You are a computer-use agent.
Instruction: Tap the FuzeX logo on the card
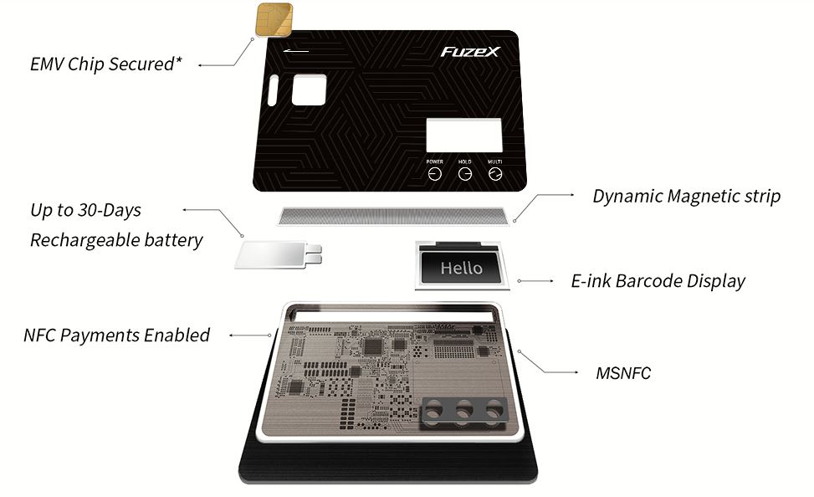pyautogui.click(x=470, y=53)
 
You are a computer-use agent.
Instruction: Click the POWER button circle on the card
pyautogui.click(x=434, y=174)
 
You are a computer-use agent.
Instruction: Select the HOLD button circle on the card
pyautogui.click(x=465, y=174)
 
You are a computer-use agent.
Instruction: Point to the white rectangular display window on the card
pyautogui.click(x=464, y=135)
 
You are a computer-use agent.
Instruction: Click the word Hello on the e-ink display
pyautogui.click(x=461, y=268)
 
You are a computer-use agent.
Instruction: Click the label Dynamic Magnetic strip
pyautogui.click(x=686, y=197)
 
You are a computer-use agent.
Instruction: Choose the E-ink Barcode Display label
pyautogui.click(x=658, y=281)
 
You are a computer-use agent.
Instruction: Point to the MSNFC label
pyautogui.click(x=622, y=373)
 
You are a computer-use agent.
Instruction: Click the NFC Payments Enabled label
pyautogui.click(x=116, y=336)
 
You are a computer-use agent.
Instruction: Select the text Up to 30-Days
pyautogui.click(x=85, y=209)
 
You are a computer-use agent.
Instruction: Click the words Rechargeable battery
pyautogui.click(x=116, y=240)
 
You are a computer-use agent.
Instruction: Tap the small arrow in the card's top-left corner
pyautogui.click(x=296, y=52)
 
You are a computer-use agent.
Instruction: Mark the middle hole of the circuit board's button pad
pyautogui.click(x=464, y=409)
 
